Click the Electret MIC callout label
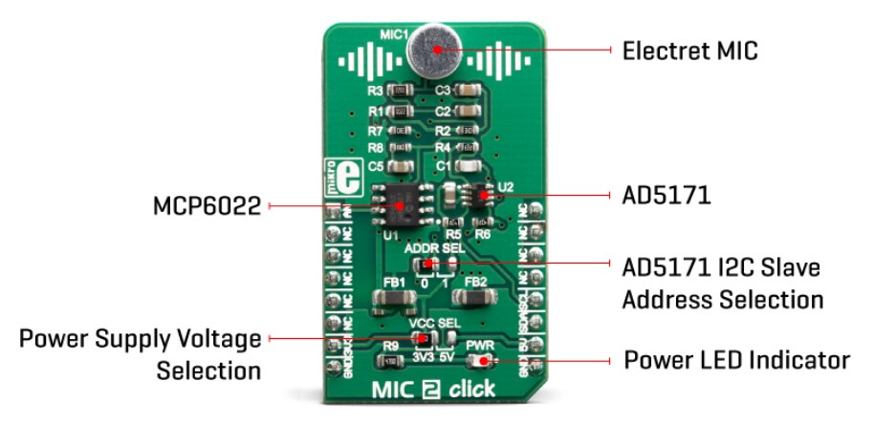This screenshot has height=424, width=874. pyautogui.click(x=689, y=50)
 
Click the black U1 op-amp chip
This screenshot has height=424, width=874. pyautogui.click(x=397, y=201)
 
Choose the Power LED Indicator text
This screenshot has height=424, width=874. pyautogui.click(x=736, y=360)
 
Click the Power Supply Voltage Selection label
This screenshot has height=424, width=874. pyautogui.click(x=141, y=352)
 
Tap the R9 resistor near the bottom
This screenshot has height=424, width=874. pyautogui.click(x=391, y=360)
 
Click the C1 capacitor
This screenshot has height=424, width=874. pyautogui.click(x=468, y=165)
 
